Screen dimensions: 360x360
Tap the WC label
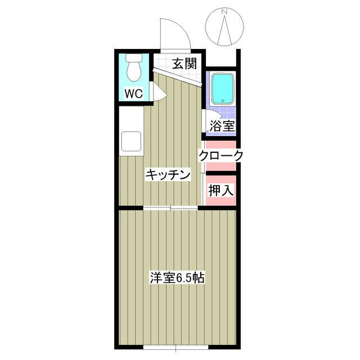coord(133,93)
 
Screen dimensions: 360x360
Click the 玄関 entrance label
coord(184,63)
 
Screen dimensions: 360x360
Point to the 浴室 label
coord(222,126)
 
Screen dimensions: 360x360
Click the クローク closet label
coord(220,156)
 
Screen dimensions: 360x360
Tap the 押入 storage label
coord(220,190)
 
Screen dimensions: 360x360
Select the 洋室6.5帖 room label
coord(177,277)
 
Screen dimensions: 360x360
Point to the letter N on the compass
coord(224,11)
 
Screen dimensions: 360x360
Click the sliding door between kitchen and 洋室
coord(171,208)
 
